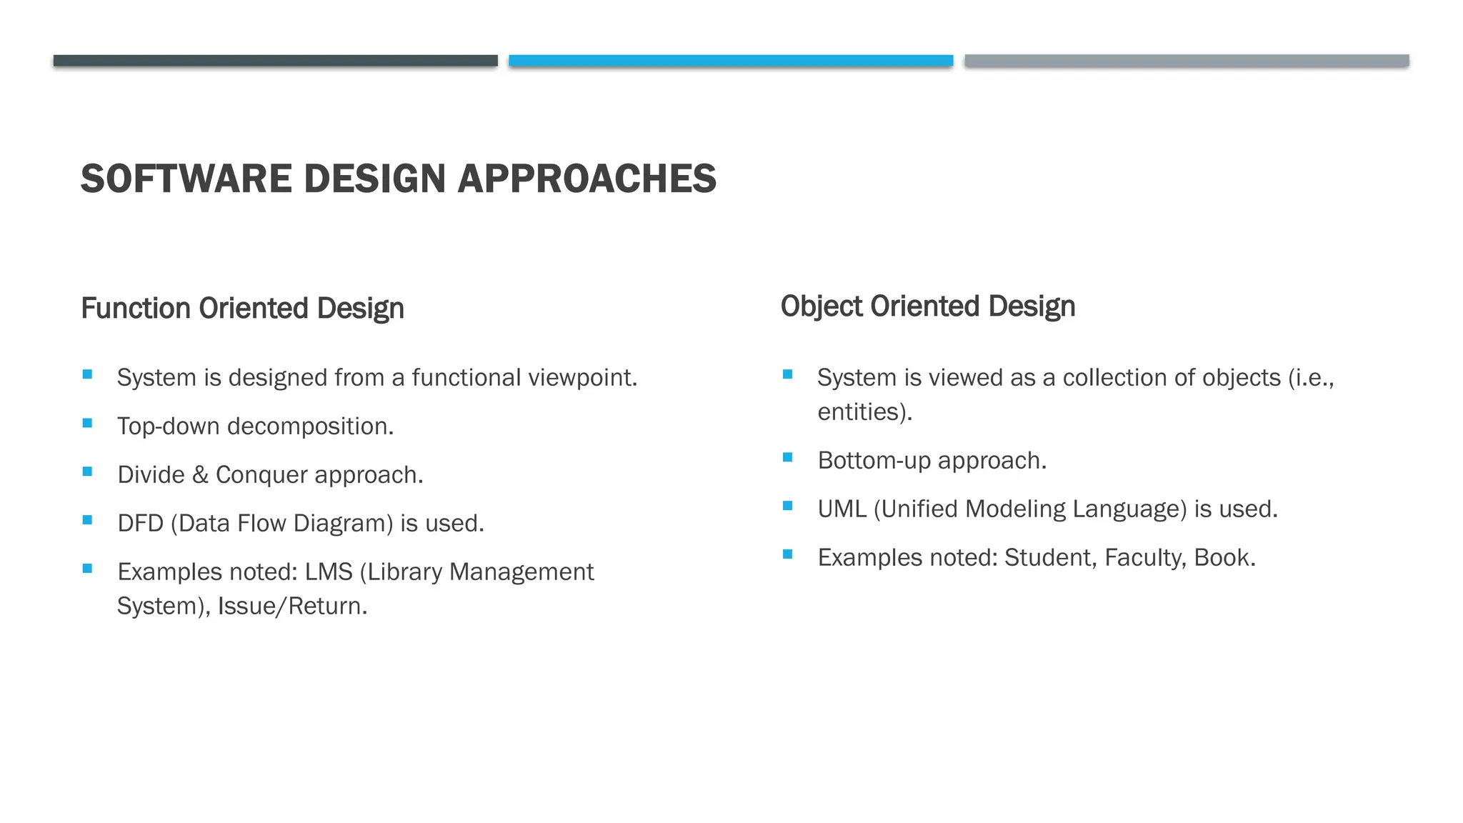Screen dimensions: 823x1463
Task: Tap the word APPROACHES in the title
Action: (x=586, y=179)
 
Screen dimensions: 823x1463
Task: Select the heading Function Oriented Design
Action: (x=242, y=309)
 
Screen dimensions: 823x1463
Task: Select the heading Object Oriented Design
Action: (x=927, y=306)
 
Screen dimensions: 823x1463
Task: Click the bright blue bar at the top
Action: (x=731, y=61)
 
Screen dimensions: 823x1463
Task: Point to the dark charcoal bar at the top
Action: (x=275, y=61)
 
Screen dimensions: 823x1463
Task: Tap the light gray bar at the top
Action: (x=1187, y=61)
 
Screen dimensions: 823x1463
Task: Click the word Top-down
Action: (x=169, y=427)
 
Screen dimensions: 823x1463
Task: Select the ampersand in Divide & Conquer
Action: (x=200, y=475)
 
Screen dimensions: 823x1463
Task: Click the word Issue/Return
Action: (x=292, y=607)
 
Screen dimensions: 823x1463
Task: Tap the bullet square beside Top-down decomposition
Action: (x=87, y=423)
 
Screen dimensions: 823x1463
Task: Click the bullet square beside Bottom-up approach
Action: (x=787, y=457)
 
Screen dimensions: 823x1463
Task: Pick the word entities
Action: (x=862, y=412)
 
